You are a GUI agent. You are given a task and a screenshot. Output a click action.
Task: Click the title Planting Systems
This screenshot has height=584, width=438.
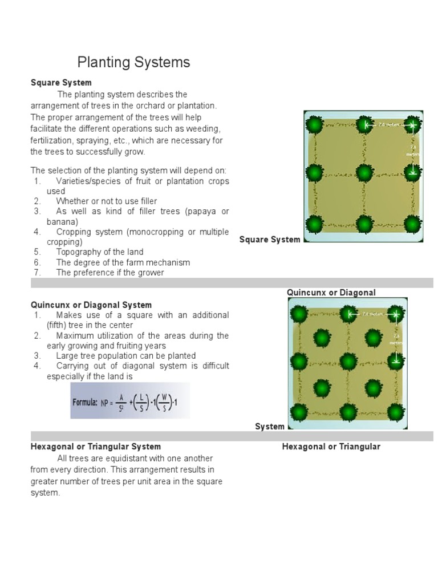133,62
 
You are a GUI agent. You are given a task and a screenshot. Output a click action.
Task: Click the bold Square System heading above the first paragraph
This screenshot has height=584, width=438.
61,83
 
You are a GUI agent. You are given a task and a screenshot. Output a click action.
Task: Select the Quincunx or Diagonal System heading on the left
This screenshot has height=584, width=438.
91,305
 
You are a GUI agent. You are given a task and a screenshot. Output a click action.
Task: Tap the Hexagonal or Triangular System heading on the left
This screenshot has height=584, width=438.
96,447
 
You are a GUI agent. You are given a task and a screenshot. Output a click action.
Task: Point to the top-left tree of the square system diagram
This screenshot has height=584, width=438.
315,124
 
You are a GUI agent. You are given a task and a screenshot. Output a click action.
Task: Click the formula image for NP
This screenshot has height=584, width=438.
130,401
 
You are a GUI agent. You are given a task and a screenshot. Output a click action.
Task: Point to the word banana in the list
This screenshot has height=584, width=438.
61,222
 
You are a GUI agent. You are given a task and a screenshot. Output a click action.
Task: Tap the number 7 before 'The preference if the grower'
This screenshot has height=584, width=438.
36,273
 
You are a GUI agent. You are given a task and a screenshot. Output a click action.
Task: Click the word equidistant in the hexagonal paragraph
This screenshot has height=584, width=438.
116,459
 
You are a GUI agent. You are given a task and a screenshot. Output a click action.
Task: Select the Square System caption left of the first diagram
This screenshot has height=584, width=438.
270,240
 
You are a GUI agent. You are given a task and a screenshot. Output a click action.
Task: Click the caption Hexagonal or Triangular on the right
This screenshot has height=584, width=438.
331,447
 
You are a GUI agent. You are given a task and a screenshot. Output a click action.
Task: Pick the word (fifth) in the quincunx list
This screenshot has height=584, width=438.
62,325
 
